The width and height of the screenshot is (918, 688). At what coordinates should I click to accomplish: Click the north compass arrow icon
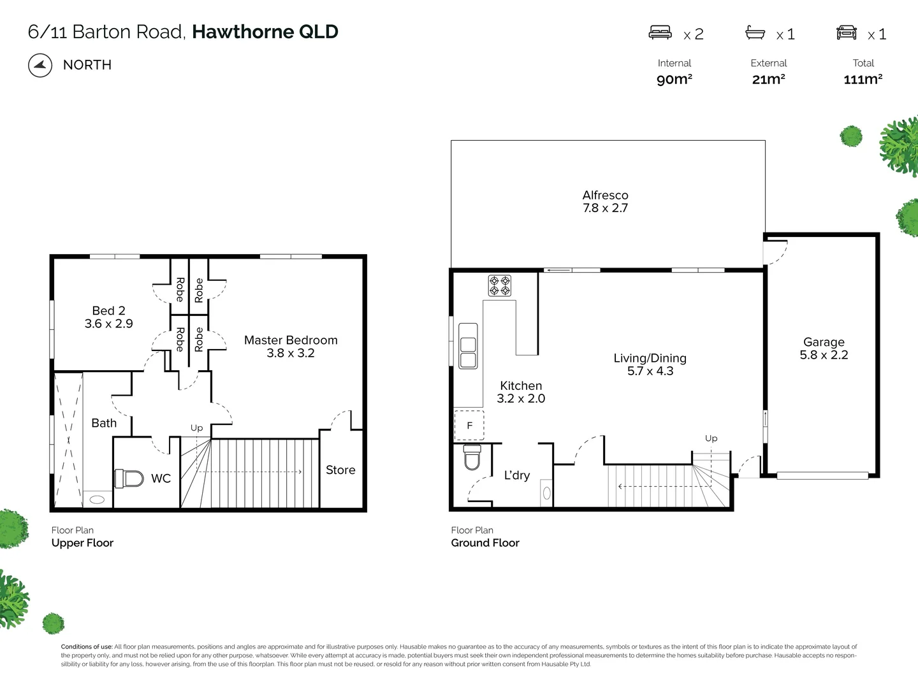(x=40, y=65)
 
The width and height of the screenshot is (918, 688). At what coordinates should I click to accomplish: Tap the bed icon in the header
(x=660, y=32)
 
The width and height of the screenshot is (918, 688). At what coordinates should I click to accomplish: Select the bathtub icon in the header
(x=755, y=32)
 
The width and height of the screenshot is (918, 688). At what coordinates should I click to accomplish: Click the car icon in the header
(x=847, y=32)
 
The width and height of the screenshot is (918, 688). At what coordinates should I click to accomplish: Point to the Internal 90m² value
(x=674, y=79)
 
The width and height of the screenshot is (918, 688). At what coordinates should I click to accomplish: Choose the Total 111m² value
(x=863, y=79)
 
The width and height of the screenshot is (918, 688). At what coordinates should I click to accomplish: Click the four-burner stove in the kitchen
(x=500, y=285)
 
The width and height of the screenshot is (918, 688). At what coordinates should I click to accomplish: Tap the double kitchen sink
(x=468, y=345)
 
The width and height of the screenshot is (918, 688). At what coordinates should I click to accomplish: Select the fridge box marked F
(x=469, y=426)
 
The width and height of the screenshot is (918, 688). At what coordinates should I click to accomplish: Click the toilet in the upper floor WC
(x=130, y=478)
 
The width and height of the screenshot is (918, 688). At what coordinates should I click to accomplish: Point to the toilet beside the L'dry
(x=472, y=457)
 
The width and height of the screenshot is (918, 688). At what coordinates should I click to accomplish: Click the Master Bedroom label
(x=291, y=340)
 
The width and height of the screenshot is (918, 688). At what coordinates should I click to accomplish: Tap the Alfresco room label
(x=605, y=196)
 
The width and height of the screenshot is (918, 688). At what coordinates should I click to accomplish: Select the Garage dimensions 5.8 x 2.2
(x=824, y=355)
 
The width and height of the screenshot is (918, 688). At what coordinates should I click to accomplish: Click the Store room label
(x=340, y=470)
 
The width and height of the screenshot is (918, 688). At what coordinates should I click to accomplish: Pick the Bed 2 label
(x=108, y=311)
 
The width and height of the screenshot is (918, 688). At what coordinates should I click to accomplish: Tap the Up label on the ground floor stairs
(x=711, y=438)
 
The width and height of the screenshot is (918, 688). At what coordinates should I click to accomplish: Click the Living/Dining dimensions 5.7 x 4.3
(x=650, y=371)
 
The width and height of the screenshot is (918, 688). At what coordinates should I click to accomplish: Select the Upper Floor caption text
(x=82, y=543)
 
